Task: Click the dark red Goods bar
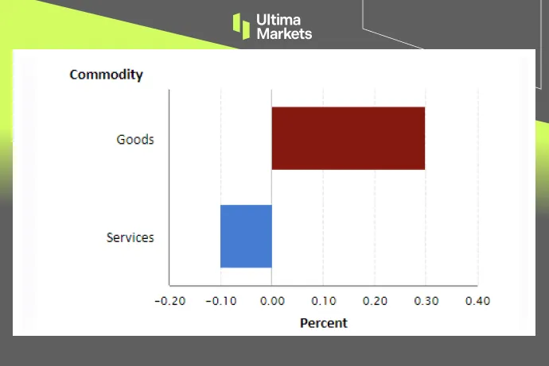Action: pyautogui.click(x=348, y=138)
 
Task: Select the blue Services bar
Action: pyautogui.click(x=246, y=237)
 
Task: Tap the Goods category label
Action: pyautogui.click(x=135, y=140)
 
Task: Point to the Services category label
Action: pyautogui.click(x=130, y=237)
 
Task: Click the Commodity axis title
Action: pyautogui.click(x=106, y=75)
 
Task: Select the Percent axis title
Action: pyautogui.click(x=323, y=323)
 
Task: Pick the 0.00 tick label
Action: pyautogui.click(x=272, y=302)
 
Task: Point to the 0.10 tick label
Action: pyautogui.click(x=323, y=302)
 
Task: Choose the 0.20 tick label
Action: pyautogui.click(x=375, y=302)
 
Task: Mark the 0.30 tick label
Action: pyautogui.click(x=426, y=302)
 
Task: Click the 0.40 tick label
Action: pyautogui.click(x=477, y=302)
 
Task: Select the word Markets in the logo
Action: pyautogui.click(x=284, y=33)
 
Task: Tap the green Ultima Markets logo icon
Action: pyautogui.click(x=241, y=25)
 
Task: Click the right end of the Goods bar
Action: pyautogui.click(x=423, y=138)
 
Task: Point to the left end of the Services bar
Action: pyautogui.click(x=222, y=237)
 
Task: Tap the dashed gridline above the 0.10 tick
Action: pyautogui.click(x=323, y=198)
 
